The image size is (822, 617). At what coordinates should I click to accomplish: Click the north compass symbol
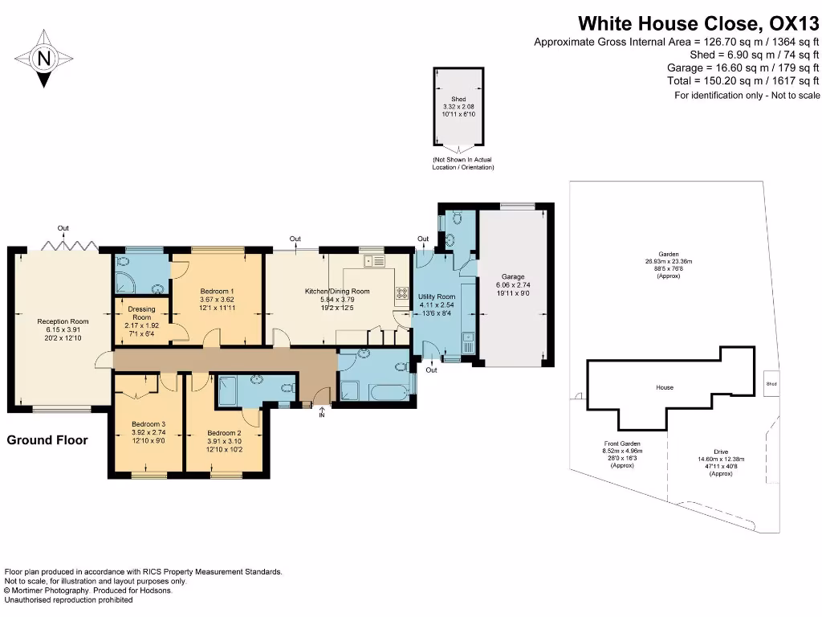pyautogui.click(x=43, y=58)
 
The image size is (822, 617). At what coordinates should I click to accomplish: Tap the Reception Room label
pyautogui.click(x=63, y=321)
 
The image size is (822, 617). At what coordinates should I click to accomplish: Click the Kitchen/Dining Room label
pyautogui.click(x=336, y=291)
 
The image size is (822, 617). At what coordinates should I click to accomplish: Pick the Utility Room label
pyautogui.click(x=437, y=296)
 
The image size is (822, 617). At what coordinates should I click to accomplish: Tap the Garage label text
pyautogui.click(x=513, y=277)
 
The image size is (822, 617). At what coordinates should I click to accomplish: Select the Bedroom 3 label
pyautogui.click(x=148, y=424)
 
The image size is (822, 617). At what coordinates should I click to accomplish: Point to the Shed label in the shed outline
pyautogui.click(x=458, y=100)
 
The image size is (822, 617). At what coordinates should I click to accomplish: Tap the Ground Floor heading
pyautogui.click(x=47, y=440)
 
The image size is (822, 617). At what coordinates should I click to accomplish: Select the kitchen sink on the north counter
pyautogui.click(x=373, y=261)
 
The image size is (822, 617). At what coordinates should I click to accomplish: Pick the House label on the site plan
pyautogui.click(x=665, y=387)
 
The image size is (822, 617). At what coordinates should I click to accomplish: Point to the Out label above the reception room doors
pyautogui.click(x=63, y=228)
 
